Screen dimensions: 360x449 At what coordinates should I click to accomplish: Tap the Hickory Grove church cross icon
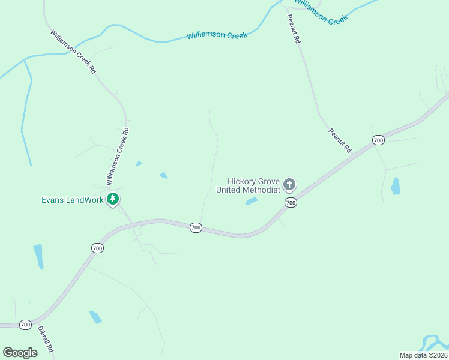click(x=289, y=184)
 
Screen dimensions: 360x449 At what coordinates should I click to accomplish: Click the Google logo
click(x=20, y=353)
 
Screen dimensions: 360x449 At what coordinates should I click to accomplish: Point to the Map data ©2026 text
click(x=423, y=355)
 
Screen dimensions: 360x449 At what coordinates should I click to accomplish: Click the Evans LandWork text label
click(x=73, y=200)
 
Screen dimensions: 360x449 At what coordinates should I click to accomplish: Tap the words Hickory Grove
click(x=253, y=181)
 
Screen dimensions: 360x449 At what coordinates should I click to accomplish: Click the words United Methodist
click(x=248, y=190)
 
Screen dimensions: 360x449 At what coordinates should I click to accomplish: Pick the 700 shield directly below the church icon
click(x=291, y=203)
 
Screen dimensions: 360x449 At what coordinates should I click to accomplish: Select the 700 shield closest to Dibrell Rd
click(x=25, y=325)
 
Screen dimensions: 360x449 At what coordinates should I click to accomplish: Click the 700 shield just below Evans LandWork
click(x=98, y=248)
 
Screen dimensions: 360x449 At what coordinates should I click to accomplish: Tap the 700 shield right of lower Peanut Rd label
click(x=378, y=140)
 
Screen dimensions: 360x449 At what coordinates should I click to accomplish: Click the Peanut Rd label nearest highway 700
click(x=339, y=140)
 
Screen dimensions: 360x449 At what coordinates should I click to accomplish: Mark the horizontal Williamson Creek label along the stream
click(x=217, y=35)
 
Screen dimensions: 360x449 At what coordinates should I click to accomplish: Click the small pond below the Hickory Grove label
click(x=252, y=202)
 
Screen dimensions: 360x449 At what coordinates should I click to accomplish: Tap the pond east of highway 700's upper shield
click(x=395, y=186)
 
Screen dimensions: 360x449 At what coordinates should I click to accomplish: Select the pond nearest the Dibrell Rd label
click(x=95, y=317)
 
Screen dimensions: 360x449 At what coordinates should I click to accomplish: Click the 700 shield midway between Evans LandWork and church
click(x=196, y=227)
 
